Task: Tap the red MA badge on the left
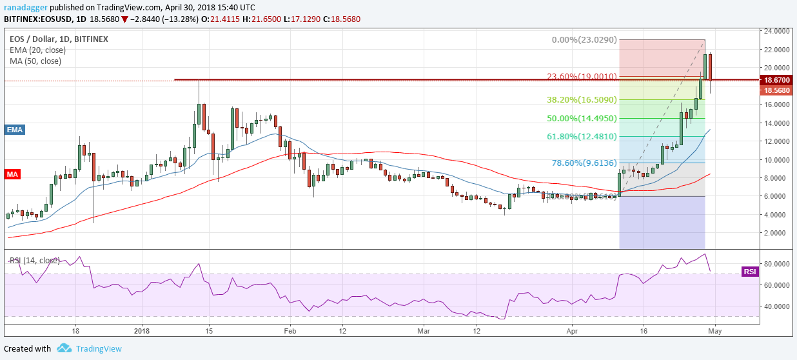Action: pos(13,174)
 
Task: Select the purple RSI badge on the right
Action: pos(749,272)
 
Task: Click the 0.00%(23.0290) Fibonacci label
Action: pos(584,40)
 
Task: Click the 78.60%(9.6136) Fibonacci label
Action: pos(582,163)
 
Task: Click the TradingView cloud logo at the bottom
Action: pos(64,348)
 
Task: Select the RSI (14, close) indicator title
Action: pos(34,261)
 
